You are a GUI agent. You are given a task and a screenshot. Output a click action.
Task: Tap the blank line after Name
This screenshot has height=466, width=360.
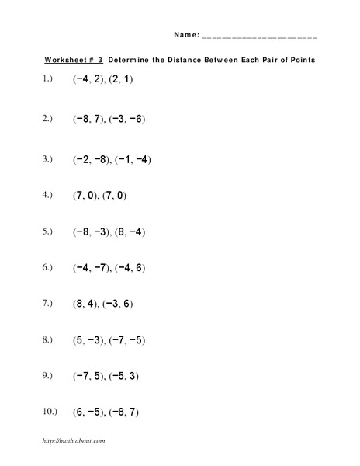259,37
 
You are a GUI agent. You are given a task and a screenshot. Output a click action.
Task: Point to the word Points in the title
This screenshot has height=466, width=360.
299,60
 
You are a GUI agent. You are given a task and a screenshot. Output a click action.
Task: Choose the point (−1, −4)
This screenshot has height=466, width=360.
133,159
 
